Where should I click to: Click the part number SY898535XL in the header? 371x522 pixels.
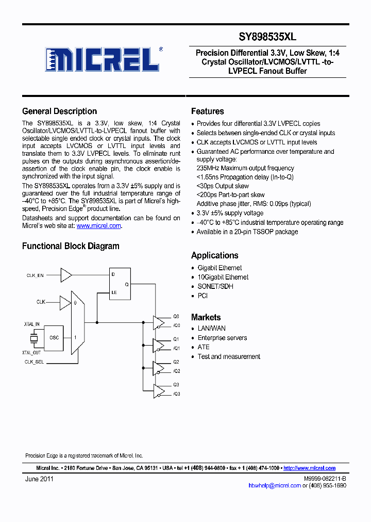267,37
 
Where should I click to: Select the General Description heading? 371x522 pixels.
59,111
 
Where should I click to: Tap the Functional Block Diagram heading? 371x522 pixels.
71,247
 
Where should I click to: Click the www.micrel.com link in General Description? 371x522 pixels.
99,226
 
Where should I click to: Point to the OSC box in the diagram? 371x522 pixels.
54,337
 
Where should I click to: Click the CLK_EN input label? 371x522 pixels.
35,276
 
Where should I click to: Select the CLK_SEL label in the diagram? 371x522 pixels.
35,362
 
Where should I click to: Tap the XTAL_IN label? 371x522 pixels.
32,324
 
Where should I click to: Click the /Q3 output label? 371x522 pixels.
176,394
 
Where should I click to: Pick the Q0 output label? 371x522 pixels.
176,316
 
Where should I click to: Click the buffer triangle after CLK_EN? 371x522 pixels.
66,275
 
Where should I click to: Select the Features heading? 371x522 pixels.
207,111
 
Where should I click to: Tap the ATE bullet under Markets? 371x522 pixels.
204,347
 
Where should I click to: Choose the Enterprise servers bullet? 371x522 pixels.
222,338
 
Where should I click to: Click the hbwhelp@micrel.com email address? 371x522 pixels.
274,486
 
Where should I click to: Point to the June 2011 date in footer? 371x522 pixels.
39,479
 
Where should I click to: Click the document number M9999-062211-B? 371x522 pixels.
325,479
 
